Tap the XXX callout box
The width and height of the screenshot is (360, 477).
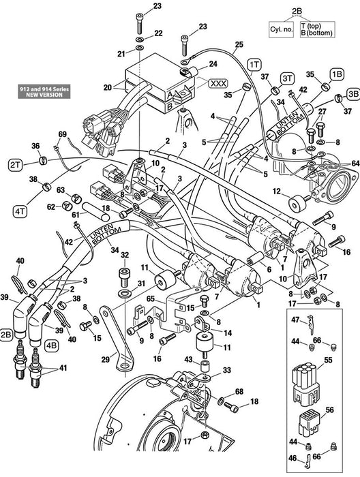click(218, 82)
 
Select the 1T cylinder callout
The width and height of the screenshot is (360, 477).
click(254, 63)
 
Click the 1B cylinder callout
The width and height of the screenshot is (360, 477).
click(336, 73)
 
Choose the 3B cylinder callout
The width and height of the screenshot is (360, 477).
click(352, 93)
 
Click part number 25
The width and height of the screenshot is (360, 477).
click(238, 45)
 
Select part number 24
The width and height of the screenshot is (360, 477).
click(213, 64)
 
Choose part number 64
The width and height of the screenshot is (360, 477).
click(355, 163)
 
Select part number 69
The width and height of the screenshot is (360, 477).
click(62, 134)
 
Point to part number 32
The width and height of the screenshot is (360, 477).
click(124, 256)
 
